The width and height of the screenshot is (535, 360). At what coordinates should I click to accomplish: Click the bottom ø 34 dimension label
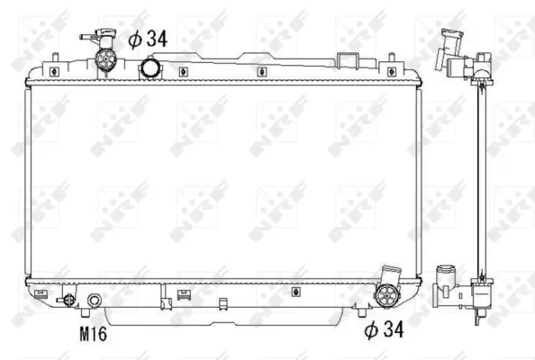point(383,331)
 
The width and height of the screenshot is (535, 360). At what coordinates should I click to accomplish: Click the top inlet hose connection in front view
point(107,62)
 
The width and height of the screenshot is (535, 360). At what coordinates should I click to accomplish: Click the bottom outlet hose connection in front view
point(388,293)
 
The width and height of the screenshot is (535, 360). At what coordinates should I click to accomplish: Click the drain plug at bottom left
point(66,301)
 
